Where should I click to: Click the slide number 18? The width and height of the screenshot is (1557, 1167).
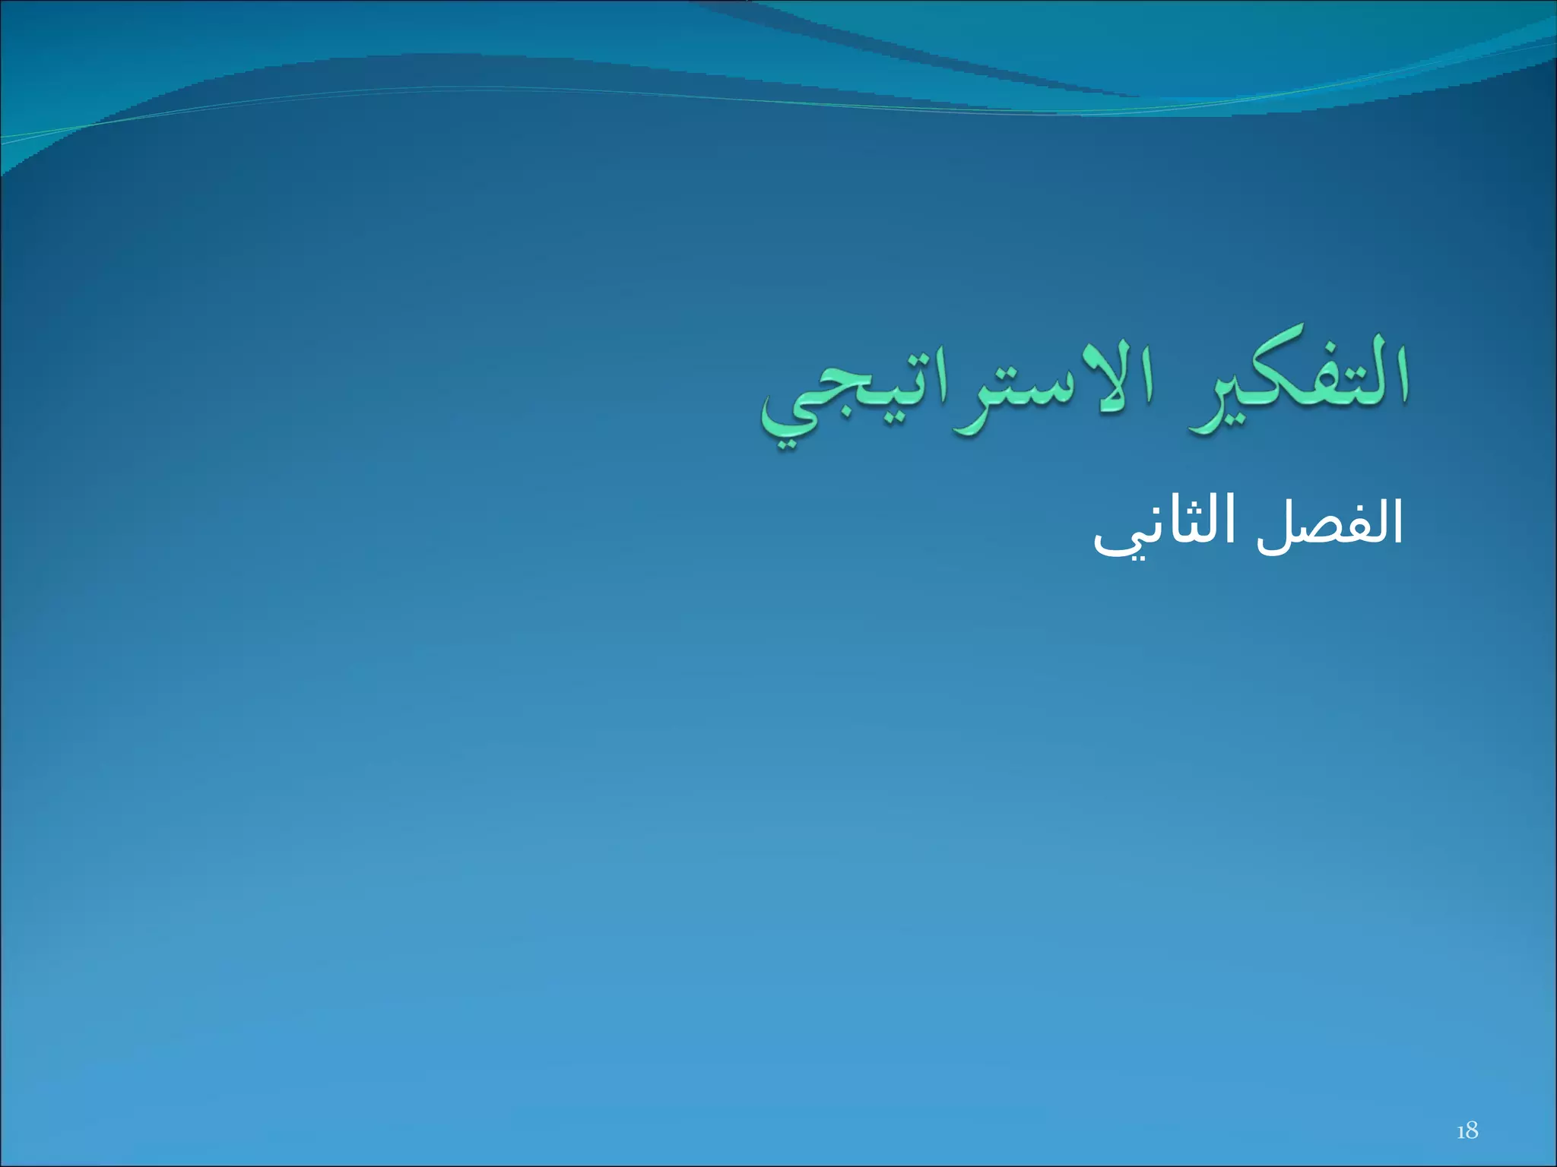click(1467, 1131)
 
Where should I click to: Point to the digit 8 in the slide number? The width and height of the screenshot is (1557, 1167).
click(1473, 1131)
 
